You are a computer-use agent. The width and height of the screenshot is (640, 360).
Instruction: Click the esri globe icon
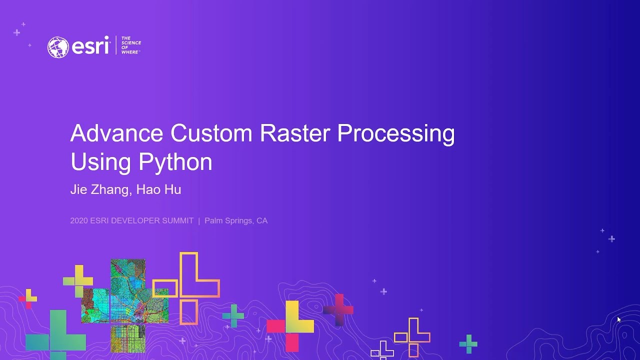click(x=58, y=47)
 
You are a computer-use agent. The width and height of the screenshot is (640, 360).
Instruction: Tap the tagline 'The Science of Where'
click(x=131, y=45)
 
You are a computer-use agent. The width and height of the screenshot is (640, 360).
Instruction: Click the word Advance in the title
click(x=116, y=133)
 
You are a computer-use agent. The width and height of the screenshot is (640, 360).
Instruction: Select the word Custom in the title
click(x=211, y=133)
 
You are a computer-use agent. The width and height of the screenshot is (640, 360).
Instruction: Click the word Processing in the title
click(x=395, y=134)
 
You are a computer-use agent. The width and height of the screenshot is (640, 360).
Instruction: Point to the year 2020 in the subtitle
click(x=79, y=220)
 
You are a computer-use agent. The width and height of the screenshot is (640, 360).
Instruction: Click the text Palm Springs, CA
click(x=236, y=220)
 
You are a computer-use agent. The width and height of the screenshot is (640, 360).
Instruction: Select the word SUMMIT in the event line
click(x=177, y=220)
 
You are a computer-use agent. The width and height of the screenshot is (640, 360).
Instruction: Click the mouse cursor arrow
click(x=618, y=319)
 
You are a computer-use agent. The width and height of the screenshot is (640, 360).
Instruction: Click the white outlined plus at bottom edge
click(x=382, y=351)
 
